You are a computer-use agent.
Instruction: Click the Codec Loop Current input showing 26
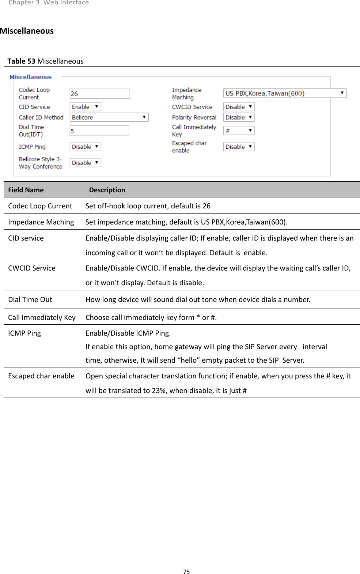pos(99,94)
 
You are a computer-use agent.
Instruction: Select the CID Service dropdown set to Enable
pos(85,107)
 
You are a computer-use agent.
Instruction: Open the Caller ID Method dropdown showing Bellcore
pos(109,117)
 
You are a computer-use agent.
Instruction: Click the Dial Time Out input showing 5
pos(99,131)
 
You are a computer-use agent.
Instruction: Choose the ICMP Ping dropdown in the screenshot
pos(85,147)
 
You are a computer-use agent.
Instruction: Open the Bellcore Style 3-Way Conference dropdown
pos(85,163)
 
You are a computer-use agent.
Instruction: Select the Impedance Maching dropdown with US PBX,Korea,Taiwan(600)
pos(284,93)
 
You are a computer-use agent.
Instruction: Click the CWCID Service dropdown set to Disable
pos(239,107)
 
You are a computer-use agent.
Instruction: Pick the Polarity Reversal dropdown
pos(239,117)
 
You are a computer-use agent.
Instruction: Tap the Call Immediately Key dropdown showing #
pos(239,131)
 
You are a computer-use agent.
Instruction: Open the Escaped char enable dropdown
pos(239,147)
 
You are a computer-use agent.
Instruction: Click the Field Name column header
pos(26,190)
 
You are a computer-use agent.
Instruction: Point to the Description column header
pos(107,190)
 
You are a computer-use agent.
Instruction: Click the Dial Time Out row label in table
pos(30,300)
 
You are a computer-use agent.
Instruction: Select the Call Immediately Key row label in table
pos(42,317)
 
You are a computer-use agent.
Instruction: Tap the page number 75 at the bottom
pos(186,572)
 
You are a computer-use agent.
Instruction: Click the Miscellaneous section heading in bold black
pos(27,31)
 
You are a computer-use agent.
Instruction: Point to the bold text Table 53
pos(21,61)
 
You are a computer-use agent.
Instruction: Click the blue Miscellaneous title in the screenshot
pos(31,77)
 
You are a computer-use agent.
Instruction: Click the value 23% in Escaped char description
pos(159,390)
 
